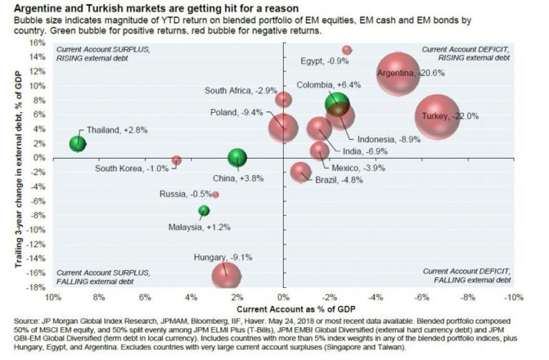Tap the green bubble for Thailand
pyautogui.click(x=78, y=144)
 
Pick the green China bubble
pyautogui.click(x=237, y=158)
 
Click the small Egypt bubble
pyautogui.click(x=347, y=50)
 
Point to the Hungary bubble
pyautogui.click(x=225, y=273)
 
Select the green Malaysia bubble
pyautogui.click(x=204, y=211)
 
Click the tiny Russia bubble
pyautogui.click(x=216, y=194)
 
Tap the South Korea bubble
pyautogui.click(x=177, y=161)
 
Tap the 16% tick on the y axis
pyautogui.click(x=37, y=42)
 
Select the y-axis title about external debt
pyautogui.click(x=15, y=165)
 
